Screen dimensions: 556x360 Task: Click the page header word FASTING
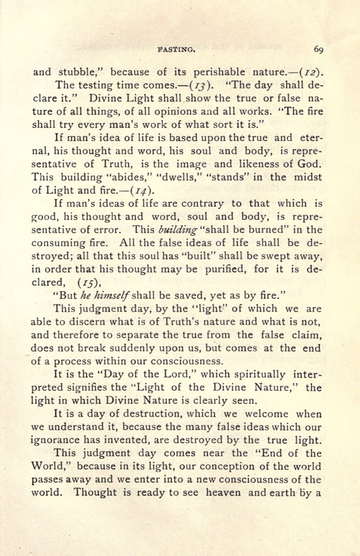point(174,50)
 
